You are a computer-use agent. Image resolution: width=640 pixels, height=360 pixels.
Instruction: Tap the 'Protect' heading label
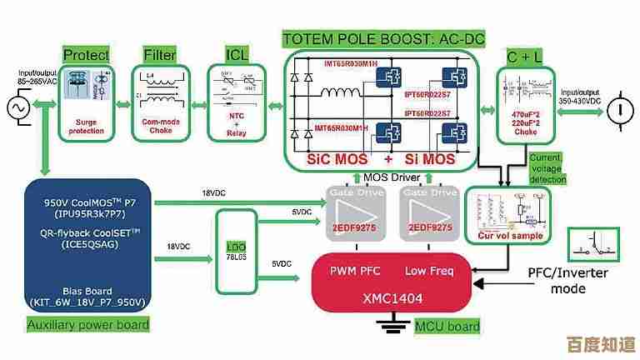86,55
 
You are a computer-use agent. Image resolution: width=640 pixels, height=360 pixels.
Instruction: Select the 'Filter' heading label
160,55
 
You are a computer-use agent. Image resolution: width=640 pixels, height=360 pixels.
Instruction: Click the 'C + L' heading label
523,57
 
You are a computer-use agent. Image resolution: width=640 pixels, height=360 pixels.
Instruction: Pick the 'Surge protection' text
86,125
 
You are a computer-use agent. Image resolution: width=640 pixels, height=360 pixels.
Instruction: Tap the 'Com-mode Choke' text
159,126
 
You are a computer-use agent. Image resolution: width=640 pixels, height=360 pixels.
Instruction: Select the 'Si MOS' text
427,158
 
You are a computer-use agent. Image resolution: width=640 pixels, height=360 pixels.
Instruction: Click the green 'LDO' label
237,247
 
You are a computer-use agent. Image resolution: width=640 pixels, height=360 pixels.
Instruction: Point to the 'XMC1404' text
392,297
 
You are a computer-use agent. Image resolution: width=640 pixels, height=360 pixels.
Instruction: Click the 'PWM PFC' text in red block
355,271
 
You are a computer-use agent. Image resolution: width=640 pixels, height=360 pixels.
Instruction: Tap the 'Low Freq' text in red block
430,271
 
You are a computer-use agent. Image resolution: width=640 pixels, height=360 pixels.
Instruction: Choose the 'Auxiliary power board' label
88,324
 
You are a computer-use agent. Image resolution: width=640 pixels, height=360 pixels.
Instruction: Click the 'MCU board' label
447,326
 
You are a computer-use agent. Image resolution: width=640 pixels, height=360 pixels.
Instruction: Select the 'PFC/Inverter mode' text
568,281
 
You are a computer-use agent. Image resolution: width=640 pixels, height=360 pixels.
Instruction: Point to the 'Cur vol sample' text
510,236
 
